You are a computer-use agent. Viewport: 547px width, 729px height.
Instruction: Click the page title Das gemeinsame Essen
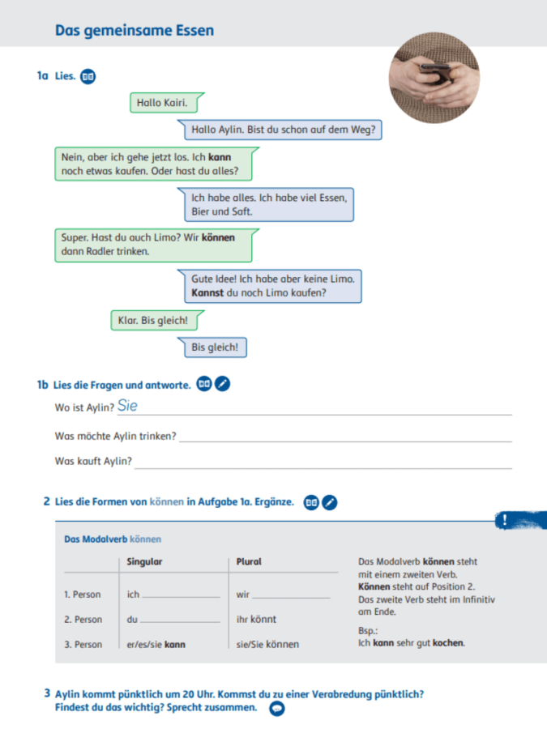click(135, 31)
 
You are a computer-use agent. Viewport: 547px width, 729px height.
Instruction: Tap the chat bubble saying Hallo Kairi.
click(163, 103)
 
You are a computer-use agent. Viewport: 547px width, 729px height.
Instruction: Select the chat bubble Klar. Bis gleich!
click(152, 321)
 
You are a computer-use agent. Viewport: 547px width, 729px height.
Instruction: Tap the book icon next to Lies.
click(88, 77)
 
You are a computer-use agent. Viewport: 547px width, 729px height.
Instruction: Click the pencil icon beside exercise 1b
click(223, 384)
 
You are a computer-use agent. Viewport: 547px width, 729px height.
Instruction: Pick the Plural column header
click(249, 561)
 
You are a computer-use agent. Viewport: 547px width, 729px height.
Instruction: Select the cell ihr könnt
click(256, 620)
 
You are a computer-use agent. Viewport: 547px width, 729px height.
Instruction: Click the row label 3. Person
click(83, 645)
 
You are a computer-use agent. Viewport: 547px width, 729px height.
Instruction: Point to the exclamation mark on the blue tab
click(504, 520)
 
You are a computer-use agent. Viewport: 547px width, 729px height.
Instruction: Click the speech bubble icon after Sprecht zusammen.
click(276, 708)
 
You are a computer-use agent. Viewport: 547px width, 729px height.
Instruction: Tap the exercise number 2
click(46, 501)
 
